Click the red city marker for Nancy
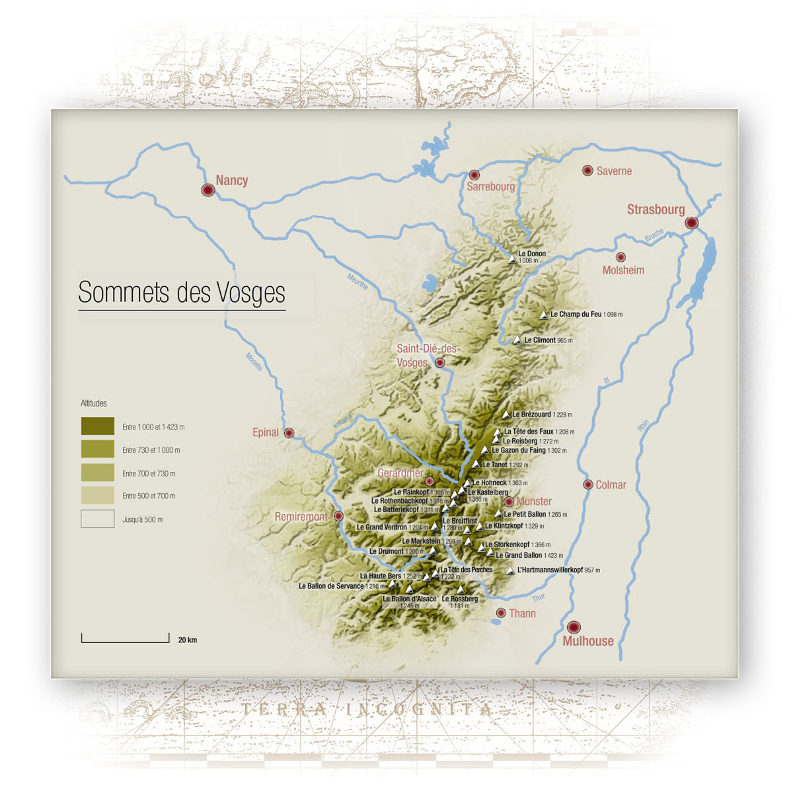pyautogui.click(x=208, y=190)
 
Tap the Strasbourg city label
pyautogui.click(x=656, y=209)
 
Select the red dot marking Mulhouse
pyautogui.click(x=574, y=626)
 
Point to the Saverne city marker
pyautogui.click(x=587, y=170)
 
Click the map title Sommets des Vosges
pyautogui.click(x=182, y=292)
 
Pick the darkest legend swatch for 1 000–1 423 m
pyautogui.click(x=97, y=426)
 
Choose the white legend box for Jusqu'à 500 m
pyautogui.click(x=97, y=519)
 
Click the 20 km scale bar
pyautogui.click(x=126, y=638)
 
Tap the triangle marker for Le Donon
pyautogui.click(x=511, y=259)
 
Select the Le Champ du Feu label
pyautogui.click(x=576, y=315)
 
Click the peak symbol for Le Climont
pyautogui.click(x=517, y=340)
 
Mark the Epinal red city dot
pyautogui.click(x=289, y=433)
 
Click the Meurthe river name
pyautogui.click(x=358, y=282)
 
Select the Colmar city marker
pyautogui.click(x=588, y=484)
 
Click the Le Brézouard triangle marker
pyautogui.click(x=506, y=415)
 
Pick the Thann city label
pyautogui.click(x=522, y=613)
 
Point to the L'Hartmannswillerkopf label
pyautogui.click(x=550, y=570)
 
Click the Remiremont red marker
pyautogui.click(x=338, y=516)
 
